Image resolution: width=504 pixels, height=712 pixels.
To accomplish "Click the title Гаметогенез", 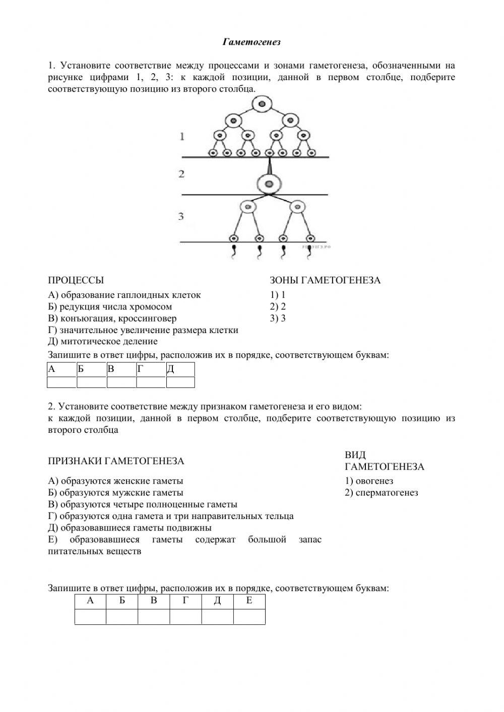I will (251, 42).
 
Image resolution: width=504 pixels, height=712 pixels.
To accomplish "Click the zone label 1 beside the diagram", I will (182, 136).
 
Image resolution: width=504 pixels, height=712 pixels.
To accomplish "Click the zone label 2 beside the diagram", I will (182, 174).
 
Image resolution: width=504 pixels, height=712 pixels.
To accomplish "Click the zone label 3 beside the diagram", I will (181, 216).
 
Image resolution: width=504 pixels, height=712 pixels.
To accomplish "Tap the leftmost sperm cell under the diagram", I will (233, 252).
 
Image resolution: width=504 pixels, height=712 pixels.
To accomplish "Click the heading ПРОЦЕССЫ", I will (76, 280).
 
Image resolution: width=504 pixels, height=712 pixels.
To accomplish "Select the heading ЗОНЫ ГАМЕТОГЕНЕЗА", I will (325, 280).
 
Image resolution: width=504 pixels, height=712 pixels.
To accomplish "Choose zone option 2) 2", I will (278, 306).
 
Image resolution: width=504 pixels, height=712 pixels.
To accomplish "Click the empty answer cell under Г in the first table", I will (151, 382).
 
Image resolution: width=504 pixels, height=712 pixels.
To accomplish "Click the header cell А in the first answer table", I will (61, 369).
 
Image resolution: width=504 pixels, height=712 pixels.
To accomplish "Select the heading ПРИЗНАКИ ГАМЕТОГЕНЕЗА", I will (116, 461).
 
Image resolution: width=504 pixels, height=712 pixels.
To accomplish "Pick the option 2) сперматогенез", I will (382, 492).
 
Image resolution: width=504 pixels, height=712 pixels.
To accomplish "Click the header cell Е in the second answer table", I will (249, 601).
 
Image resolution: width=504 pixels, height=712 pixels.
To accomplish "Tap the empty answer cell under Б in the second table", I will (121, 616).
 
